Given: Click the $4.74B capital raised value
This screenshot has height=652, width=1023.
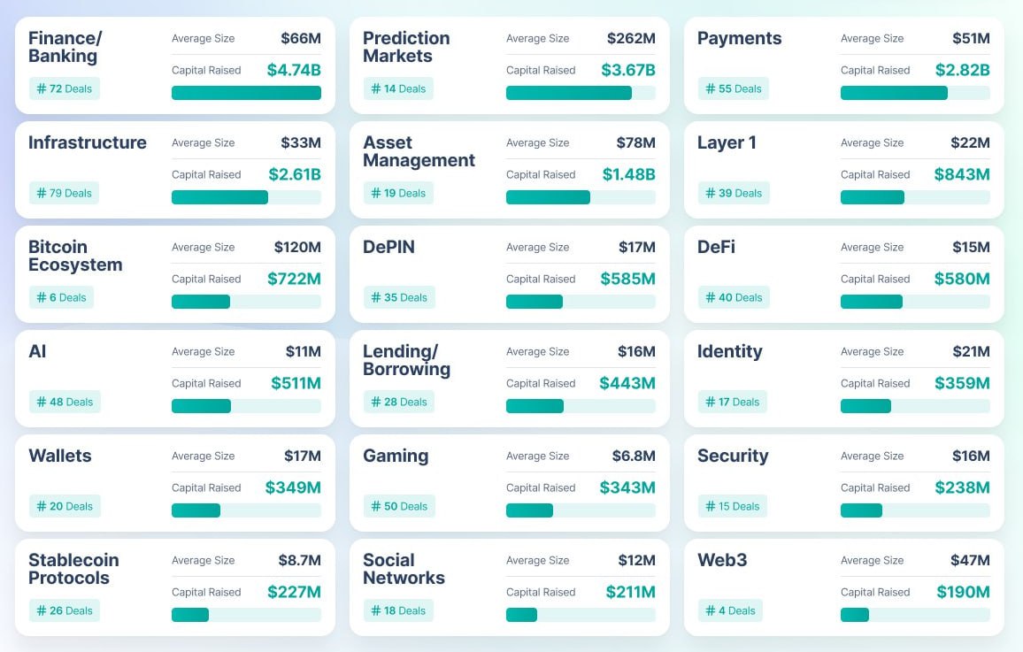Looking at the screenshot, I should pyautogui.click(x=294, y=70).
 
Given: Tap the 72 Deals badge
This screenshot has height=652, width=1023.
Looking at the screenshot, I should pyautogui.click(x=65, y=88).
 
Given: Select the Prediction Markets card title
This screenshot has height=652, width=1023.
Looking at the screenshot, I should pyautogui.click(x=406, y=47).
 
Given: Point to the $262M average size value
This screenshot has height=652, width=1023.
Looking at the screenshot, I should pyautogui.click(x=631, y=38).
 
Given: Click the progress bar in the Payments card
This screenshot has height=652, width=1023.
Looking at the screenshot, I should pyautogui.click(x=915, y=93).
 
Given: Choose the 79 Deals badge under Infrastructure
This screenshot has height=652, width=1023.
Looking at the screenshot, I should pyautogui.click(x=65, y=193).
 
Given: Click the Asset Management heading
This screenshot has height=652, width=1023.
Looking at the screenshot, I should pyautogui.click(x=419, y=151).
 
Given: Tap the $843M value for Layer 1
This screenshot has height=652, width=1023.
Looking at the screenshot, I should pyautogui.click(x=962, y=174).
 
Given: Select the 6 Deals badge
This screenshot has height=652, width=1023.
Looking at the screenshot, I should pyautogui.click(x=61, y=297).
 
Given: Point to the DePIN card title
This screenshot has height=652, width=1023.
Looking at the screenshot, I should pyautogui.click(x=388, y=247).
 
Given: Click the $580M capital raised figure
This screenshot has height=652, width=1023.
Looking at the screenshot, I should pyautogui.click(x=962, y=279).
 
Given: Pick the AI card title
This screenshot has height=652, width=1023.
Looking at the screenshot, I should pyautogui.click(x=37, y=351).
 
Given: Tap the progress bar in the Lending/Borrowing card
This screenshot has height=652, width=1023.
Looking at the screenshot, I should pyautogui.click(x=581, y=406).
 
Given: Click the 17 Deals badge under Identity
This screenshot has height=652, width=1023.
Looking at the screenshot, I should pyautogui.click(x=733, y=402).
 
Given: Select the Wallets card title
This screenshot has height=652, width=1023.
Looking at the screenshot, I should pyautogui.click(x=60, y=456).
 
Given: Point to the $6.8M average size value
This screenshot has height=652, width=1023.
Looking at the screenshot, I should pyautogui.click(x=634, y=456).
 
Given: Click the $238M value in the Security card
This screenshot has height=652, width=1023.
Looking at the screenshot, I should pyautogui.click(x=962, y=487).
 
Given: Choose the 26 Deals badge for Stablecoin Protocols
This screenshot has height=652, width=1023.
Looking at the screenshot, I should pyautogui.click(x=65, y=610).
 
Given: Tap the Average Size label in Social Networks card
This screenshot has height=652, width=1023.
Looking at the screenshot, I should pyautogui.click(x=537, y=560).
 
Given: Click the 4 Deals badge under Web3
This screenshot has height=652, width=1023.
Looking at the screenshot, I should pyautogui.click(x=730, y=610).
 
